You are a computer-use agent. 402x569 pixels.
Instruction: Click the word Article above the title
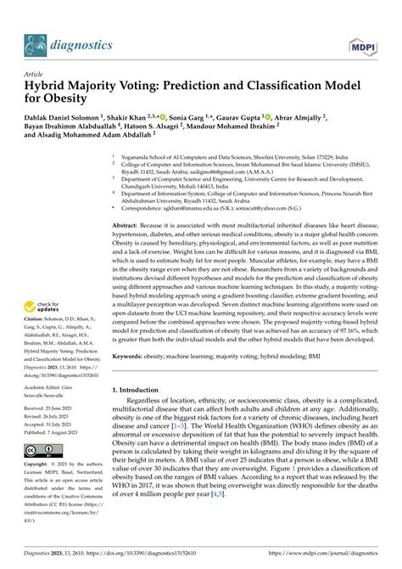pyautogui.click(x=36, y=74)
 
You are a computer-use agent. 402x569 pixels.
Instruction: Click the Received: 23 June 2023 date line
pyautogui.click(x=56, y=408)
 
